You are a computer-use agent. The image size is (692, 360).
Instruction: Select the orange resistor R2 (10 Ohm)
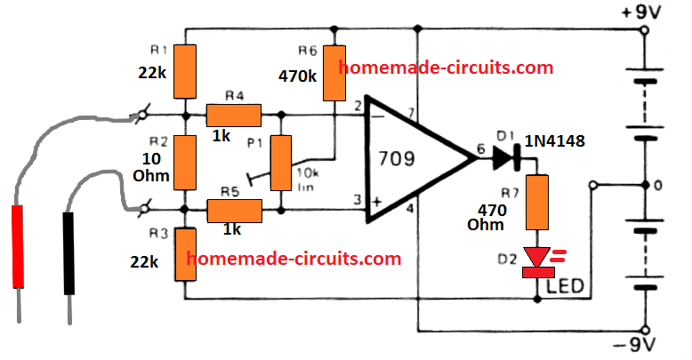tap(185, 163)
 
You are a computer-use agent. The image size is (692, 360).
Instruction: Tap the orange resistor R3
tap(185, 254)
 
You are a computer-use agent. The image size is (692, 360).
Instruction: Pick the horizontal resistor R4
tap(233, 115)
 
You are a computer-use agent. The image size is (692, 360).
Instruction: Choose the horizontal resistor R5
tap(234, 211)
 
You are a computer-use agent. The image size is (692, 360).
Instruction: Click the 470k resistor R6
tap(334, 74)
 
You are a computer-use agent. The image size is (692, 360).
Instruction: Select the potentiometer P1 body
tap(282, 164)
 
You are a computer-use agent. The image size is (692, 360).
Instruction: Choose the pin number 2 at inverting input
tap(358, 107)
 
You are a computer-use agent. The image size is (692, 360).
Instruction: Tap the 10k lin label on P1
tap(310, 177)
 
